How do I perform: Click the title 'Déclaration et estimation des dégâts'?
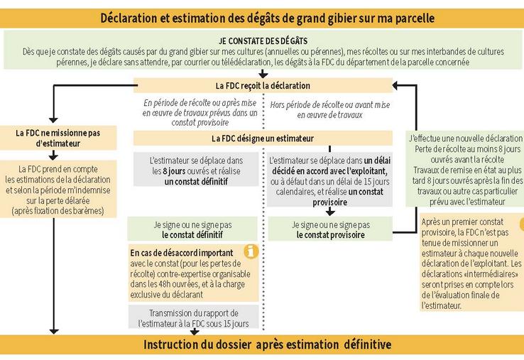[x=267, y=16]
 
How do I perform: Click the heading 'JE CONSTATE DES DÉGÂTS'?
[x=262, y=40]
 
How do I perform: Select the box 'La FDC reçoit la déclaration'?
[x=262, y=86]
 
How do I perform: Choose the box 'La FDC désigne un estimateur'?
[x=262, y=138]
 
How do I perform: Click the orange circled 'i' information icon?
[x=251, y=251]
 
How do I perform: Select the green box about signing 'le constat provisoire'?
[x=330, y=229]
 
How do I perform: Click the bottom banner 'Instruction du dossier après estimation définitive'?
[x=267, y=345]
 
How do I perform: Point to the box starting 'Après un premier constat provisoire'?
[x=469, y=263]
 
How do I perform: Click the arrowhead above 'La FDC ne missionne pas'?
[x=53, y=119]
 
